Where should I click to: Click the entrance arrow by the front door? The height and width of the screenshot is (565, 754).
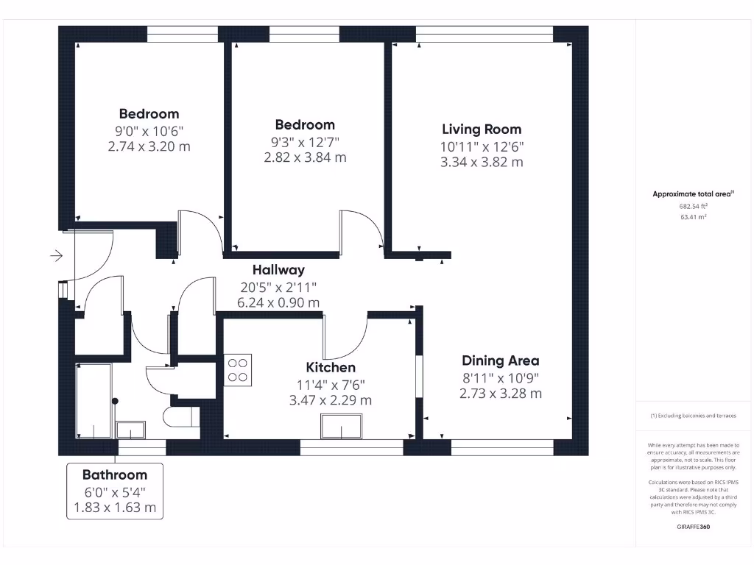point(56,256)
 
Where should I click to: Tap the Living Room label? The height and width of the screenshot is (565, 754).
point(482,129)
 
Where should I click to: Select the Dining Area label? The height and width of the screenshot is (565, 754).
point(500,360)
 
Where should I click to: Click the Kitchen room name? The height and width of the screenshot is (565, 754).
point(331,367)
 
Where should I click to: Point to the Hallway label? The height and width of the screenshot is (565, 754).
point(278,270)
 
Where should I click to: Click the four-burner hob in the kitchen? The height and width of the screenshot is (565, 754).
point(238,369)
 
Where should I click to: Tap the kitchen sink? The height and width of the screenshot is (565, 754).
point(342,427)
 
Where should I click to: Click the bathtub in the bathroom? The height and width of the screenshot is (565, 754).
point(93,400)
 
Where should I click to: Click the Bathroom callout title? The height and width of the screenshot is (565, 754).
point(114,475)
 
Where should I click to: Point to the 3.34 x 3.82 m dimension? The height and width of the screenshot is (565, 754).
point(482,163)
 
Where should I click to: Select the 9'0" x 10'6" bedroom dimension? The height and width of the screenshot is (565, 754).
point(149,131)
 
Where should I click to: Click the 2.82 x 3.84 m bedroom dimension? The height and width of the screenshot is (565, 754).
point(305,157)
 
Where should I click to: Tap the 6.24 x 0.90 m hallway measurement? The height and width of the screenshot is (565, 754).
point(278,302)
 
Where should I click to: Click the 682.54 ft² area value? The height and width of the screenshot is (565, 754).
point(693,207)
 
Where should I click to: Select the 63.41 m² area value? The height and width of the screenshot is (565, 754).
point(693,217)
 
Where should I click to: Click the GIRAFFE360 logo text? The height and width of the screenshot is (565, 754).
point(693,527)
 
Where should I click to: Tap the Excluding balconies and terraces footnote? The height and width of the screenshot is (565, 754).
point(693,416)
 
